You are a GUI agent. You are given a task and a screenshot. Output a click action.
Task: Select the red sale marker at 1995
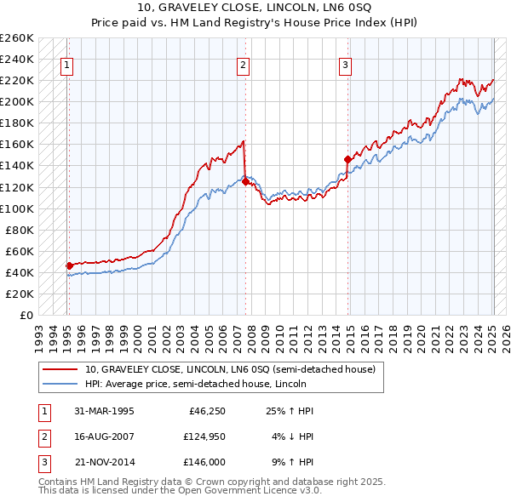point(69,265)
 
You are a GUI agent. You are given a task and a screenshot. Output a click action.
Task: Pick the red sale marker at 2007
point(245,181)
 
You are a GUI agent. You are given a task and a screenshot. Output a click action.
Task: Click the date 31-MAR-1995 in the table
point(104,411)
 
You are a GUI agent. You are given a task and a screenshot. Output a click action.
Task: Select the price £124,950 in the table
point(203,436)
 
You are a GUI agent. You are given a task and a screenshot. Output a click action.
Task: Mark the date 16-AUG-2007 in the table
point(104,436)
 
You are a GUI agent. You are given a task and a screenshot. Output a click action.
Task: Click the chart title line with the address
point(255,11)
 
